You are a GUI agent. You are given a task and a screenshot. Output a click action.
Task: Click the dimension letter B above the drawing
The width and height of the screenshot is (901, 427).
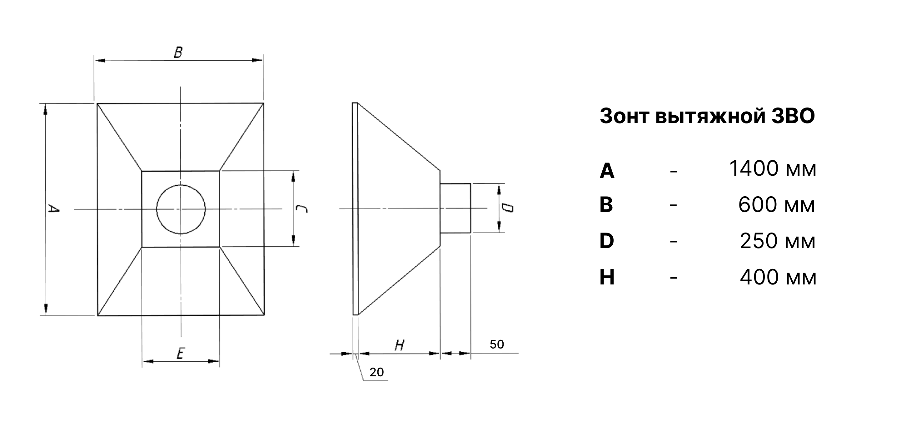pos(178,52)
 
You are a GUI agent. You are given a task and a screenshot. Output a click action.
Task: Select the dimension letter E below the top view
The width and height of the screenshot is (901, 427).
pos(181,354)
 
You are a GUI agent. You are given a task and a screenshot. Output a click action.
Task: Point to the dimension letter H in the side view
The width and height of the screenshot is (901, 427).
pos(400,345)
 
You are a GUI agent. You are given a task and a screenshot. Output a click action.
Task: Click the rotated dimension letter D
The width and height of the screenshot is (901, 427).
pos(507,208)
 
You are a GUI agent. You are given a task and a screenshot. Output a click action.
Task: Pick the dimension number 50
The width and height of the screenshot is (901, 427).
pos(497,344)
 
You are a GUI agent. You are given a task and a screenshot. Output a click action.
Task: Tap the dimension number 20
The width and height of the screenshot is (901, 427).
pos(376,372)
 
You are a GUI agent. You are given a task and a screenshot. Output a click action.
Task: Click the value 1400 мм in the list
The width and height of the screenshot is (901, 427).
pos(773,169)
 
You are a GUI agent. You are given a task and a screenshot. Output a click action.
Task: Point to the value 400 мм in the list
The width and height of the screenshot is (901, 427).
pos(778,277)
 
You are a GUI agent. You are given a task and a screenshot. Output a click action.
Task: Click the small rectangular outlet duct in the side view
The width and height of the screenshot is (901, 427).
pos(455,208)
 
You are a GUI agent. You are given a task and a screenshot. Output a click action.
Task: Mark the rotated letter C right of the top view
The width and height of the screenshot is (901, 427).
pos(301,209)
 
